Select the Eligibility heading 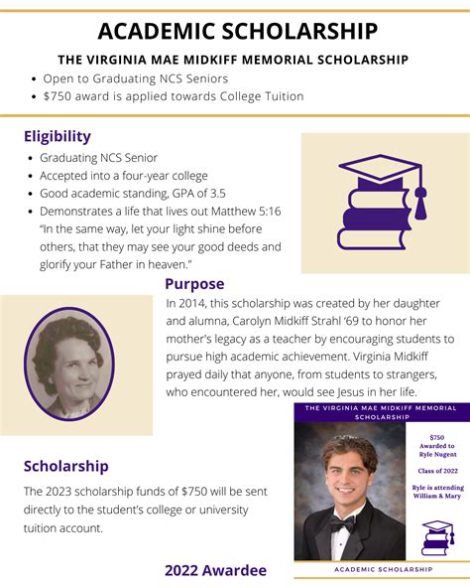57,136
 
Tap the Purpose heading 194,284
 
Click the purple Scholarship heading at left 65,465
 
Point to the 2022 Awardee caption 215,570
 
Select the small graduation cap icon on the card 436,538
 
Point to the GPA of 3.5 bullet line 146,194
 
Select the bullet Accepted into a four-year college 124,176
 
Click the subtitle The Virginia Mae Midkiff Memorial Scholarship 233,60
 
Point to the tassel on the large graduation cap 420,204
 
